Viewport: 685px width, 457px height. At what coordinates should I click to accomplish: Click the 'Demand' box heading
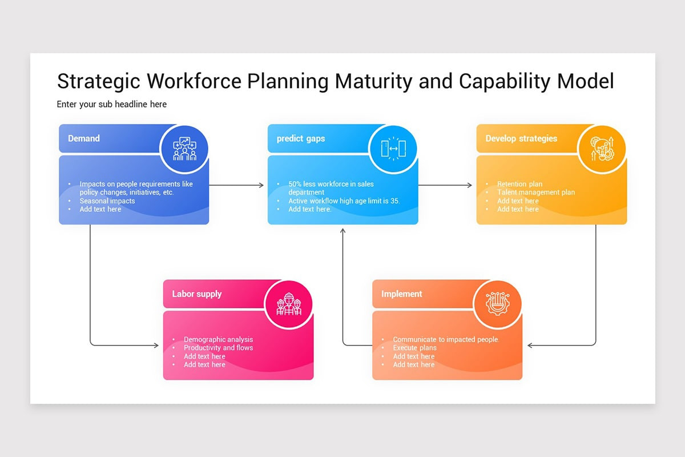click(x=84, y=138)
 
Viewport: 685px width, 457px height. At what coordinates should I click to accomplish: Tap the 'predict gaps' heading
click(x=301, y=138)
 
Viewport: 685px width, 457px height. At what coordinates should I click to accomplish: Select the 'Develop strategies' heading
click(x=521, y=138)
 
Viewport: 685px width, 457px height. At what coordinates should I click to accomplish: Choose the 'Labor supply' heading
click(x=197, y=294)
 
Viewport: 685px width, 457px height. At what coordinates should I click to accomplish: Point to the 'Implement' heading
click(x=402, y=294)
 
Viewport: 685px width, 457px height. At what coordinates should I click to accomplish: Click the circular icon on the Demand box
click(x=184, y=149)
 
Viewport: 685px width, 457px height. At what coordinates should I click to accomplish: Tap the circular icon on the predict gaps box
click(x=393, y=149)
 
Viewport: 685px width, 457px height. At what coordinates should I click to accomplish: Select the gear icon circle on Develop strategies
click(x=602, y=149)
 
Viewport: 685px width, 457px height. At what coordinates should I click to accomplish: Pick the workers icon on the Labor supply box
click(x=288, y=304)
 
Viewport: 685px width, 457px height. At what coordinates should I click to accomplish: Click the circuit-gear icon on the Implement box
click(x=497, y=304)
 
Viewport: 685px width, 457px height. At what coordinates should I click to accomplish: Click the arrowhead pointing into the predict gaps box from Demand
click(x=261, y=185)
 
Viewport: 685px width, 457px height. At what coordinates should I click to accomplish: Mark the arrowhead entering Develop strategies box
click(x=470, y=185)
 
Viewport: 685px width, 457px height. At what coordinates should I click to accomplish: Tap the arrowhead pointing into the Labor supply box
click(x=156, y=345)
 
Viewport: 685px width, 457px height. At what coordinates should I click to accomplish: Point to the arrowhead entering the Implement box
click(x=530, y=345)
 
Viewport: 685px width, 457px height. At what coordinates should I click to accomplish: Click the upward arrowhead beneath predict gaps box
click(x=343, y=231)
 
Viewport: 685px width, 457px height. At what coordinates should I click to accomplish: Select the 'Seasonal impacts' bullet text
click(x=107, y=201)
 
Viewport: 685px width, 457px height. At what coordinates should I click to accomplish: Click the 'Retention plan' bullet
click(x=519, y=185)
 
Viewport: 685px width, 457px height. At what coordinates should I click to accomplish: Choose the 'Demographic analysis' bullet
click(x=218, y=339)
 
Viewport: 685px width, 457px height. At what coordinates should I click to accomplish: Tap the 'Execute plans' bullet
click(x=414, y=348)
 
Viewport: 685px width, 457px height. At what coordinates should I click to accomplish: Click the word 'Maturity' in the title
click(x=373, y=82)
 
